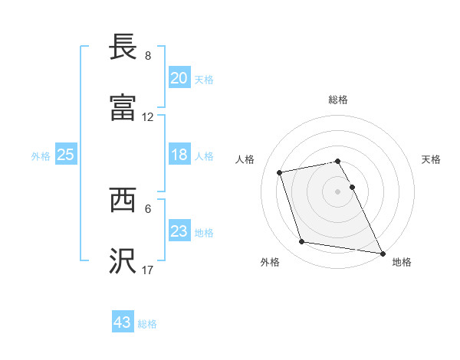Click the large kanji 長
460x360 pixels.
coord(123,47)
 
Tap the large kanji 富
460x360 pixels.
coord(123,107)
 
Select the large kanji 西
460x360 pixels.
coord(123,201)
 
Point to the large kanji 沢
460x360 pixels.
coord(123,260)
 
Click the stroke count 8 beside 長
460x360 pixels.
coord(148,56)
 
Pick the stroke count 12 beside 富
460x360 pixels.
coord(148,117)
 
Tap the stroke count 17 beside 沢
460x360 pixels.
coord(148,270)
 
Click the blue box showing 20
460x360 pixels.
coord(179,77)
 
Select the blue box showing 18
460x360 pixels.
coord(179,155)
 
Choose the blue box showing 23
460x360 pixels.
coord(179,231)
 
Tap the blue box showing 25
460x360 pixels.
coord(65,155)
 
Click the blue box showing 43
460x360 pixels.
coord(123,322)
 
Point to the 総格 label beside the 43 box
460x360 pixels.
coord(147,324)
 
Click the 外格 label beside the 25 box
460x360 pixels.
coord(41,156)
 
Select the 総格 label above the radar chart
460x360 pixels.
coord(338,100)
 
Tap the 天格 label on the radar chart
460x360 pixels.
coord(432,159)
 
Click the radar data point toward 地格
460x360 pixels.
coord(381,252)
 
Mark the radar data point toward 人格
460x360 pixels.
coord(280,172)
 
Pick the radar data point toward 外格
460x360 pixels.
coord(301,242)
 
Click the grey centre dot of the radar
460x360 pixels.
coord(338,191)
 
